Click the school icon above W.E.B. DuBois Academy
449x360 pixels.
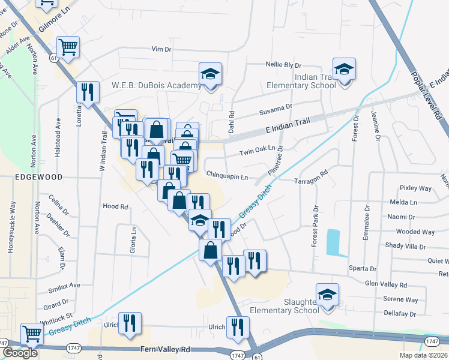pos(210,74)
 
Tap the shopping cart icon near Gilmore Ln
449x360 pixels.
pos(68,47)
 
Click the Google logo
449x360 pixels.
pos(20,353)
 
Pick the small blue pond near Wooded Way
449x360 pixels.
pos(333,242)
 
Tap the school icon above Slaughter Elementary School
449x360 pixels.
pos(328,295)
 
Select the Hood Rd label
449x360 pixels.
pos(116,206)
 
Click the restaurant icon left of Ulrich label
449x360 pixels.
pos(130,324)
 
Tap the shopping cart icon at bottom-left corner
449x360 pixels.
pos(32,334)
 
